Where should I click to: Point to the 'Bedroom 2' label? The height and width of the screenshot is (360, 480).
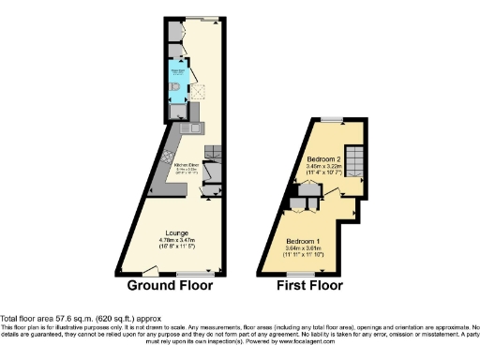[324, 159]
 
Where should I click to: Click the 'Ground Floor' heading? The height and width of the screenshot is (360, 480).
[170, 285]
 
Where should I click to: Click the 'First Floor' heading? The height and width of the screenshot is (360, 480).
[309, 285]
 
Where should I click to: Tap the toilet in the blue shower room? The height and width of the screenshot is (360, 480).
[177, 89]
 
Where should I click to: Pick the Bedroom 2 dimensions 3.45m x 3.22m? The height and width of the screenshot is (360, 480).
[324, 168]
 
